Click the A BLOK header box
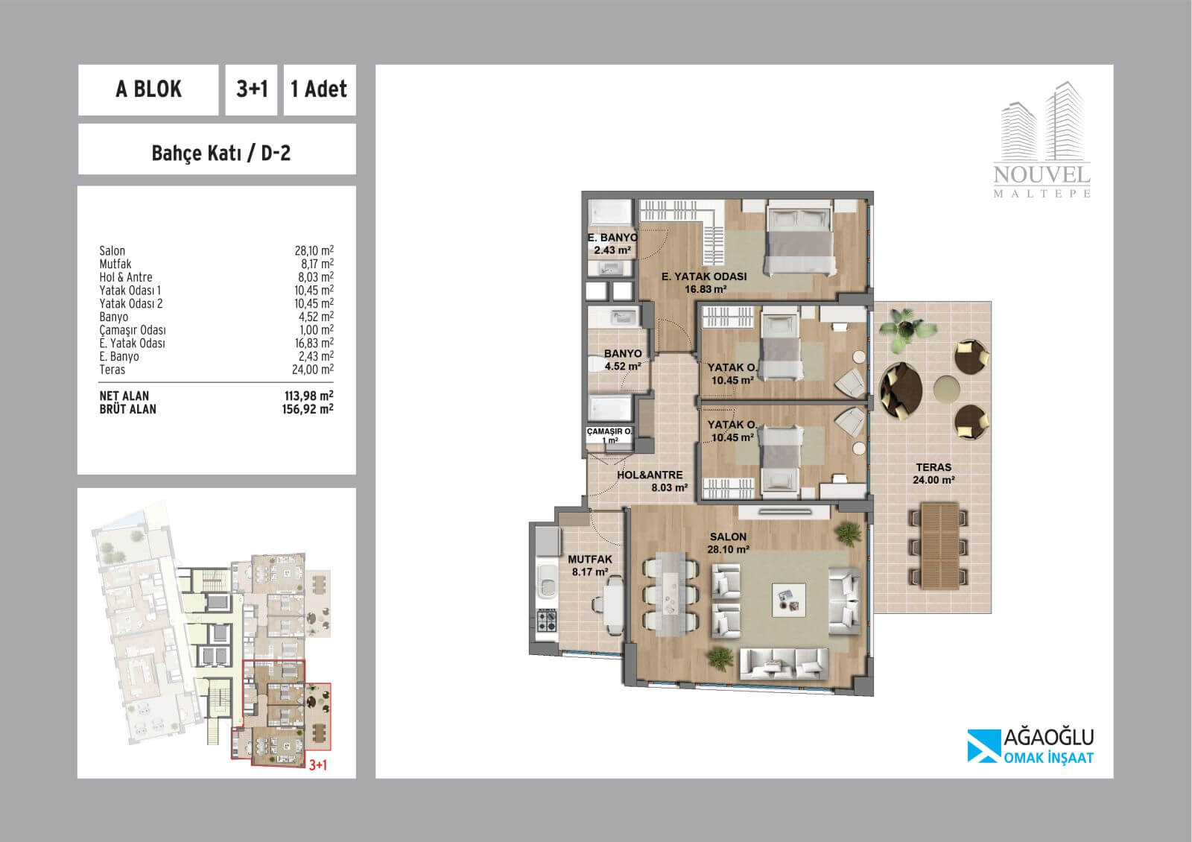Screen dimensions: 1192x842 pyautogui.click(x=148, y=90)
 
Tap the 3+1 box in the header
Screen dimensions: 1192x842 pyautogui.click(x=251, y=90)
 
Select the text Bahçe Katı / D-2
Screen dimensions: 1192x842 pyautogui.click(x=221, y=153)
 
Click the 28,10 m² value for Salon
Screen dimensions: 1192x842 pyautogui.click(x=314, y=250)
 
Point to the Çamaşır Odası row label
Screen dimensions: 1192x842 pyautogui.click(x=133, y=330)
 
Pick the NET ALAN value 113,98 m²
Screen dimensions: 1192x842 pyautogui.click(x=308, y=396)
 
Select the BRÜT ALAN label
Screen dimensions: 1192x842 pyautogui.click(x=127, y=409)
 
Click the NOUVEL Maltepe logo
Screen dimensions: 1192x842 pyautogui.click(x=1042, y=140)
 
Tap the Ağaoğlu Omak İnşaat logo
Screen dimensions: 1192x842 pyautogui.click(x=1030, y=746)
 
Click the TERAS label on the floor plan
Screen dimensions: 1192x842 pyautogui.click(x=933, y=467)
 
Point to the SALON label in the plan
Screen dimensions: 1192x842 pyautogui.click(x=728, y=536)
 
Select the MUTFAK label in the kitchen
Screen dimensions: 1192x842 pyautogui.click(x=589, y=560)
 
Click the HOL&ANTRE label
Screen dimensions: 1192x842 pyautogui.click(x=650, y=475)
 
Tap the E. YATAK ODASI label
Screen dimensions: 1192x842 pyautogui.click(x=704, y=276)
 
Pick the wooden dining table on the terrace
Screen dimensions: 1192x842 pyautogui.click(x=939, y=546)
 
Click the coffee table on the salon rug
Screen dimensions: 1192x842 pyautogui.click(x=789, y=600)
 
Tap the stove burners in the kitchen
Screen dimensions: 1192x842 pyautogui.click(x=547, y=621)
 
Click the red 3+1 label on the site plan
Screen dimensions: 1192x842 pyautogui.click(x=317, y=765)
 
